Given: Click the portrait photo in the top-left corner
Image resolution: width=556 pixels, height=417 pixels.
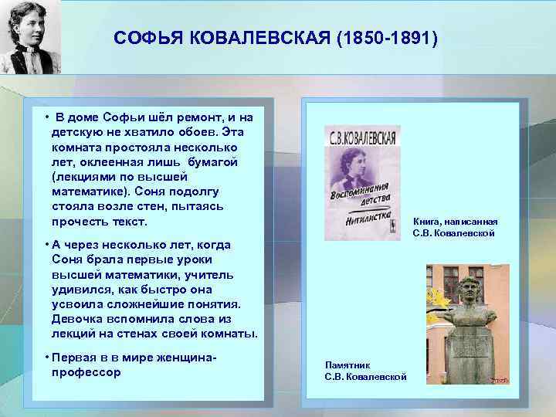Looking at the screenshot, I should [30, 37].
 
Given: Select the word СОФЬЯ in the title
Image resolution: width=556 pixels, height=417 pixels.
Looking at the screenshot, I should [141, 37].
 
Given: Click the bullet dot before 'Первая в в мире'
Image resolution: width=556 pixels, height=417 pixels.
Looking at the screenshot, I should [47, 358].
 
